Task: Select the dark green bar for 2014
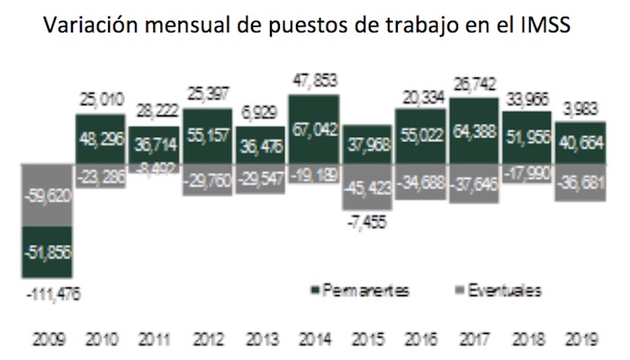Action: point(314,130)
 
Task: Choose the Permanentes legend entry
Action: point(355,292)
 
